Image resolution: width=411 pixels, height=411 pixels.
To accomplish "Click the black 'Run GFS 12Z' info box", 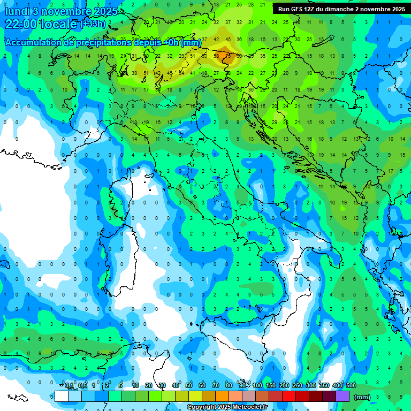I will coord(341,9).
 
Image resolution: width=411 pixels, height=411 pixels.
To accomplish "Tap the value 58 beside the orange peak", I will coord(217,56).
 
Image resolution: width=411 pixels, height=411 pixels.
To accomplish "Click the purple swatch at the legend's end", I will coord(342,396).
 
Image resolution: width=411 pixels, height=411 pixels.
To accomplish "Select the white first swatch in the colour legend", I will coord(61,396).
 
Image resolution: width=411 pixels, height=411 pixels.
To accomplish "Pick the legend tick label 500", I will coord(351,386).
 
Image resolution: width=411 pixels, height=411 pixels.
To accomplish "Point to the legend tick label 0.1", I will coord(69,386).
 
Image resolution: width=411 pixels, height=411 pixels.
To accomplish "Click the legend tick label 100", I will coord(257,386).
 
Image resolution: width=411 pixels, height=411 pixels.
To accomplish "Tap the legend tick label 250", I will coord(298,386).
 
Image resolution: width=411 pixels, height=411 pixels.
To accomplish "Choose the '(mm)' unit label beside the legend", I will coord(362,397).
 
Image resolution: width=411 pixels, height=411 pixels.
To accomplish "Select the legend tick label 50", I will coord(189,386).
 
